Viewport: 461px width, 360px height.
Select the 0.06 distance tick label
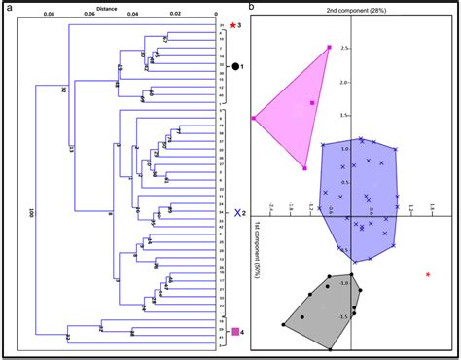89,15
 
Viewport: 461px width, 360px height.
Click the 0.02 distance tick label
174,15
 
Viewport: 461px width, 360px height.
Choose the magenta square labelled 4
234,334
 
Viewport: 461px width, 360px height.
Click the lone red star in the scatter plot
429,276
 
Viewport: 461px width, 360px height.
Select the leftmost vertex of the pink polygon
254,118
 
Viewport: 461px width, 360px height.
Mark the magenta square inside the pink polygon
312,102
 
